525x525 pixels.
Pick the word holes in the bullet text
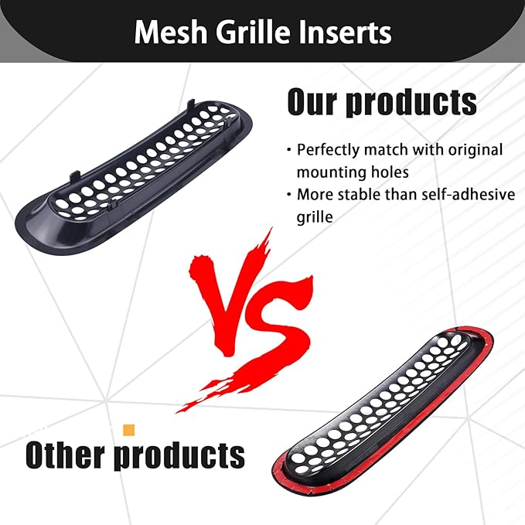point(388,172)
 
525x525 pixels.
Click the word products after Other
point(180,455)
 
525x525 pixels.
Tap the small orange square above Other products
point(129,429)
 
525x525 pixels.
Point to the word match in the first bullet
point(392,149)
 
